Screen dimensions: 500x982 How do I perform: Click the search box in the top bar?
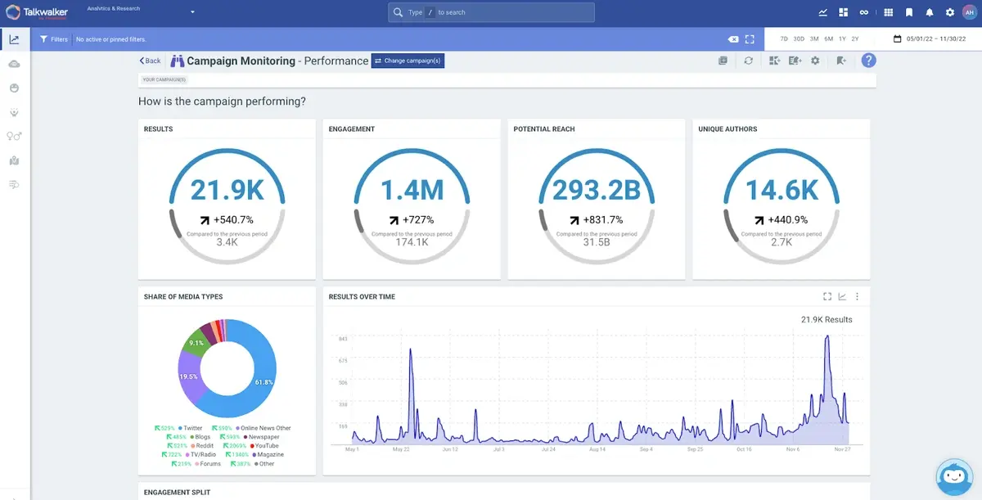[491, 12]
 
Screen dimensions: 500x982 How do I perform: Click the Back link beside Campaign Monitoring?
[150, 61]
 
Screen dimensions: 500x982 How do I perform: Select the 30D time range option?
[799, 38]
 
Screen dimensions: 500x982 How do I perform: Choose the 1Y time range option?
[842, 38]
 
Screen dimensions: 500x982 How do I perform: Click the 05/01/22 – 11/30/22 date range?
[935, 38]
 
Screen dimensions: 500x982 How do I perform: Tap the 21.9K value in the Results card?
[227, 190]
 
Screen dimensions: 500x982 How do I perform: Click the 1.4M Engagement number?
[412, 190]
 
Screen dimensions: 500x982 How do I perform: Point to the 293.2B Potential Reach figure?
[597, 190]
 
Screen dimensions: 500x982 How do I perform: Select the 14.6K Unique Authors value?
[782, 190]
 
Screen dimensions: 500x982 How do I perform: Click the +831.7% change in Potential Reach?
[601, 219]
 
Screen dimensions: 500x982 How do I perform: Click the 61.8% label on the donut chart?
[264, 382]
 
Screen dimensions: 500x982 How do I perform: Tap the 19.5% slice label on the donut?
[188, 376]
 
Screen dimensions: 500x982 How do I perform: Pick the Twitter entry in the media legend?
[192, 428]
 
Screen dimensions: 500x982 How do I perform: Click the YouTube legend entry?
[266, 446]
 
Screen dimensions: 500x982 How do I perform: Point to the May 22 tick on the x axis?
[401, 449]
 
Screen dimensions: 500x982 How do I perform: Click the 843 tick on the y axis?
[343, 339]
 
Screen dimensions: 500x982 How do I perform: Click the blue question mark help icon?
[868, 61]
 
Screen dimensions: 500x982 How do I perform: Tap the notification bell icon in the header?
[929, 12]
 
